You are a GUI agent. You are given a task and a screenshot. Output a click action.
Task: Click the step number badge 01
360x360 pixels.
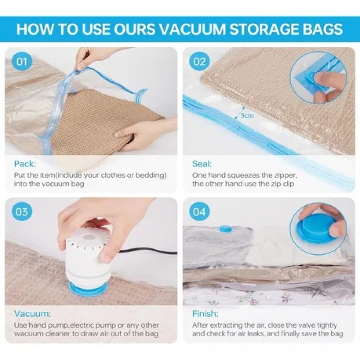(x=22, y=62)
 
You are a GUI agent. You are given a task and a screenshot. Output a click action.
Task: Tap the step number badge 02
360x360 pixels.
(x=199, y=62)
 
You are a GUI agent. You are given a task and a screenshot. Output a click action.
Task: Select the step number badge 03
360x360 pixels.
(x=22, y=211)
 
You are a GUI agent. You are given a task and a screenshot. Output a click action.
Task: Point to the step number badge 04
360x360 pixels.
(x=199, y=211)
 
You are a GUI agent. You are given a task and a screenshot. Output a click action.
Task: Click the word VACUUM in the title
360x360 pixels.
(x=192, y=29)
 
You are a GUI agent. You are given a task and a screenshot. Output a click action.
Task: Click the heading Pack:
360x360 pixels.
(x=25, y=164)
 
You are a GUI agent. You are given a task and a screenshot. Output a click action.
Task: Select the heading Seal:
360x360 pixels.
(x=202, y=164)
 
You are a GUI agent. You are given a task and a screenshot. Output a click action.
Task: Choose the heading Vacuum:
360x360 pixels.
(x=32, y=313)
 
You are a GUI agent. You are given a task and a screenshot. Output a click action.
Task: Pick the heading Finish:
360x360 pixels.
(x=205, y=313)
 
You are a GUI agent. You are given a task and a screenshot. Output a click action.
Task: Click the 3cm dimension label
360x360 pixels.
(x=247, y=116)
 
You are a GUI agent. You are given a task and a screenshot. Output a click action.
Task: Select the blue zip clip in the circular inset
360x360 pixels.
(x=310, y=79)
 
